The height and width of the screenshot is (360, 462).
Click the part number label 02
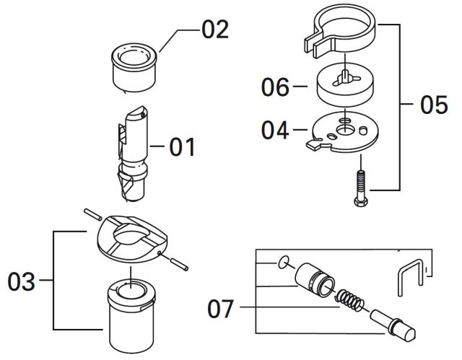tap(215, 30)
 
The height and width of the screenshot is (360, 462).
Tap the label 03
tap(22, 281)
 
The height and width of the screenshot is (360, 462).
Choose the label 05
tap(433, 105)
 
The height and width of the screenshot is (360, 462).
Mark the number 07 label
tap(220, 309)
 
